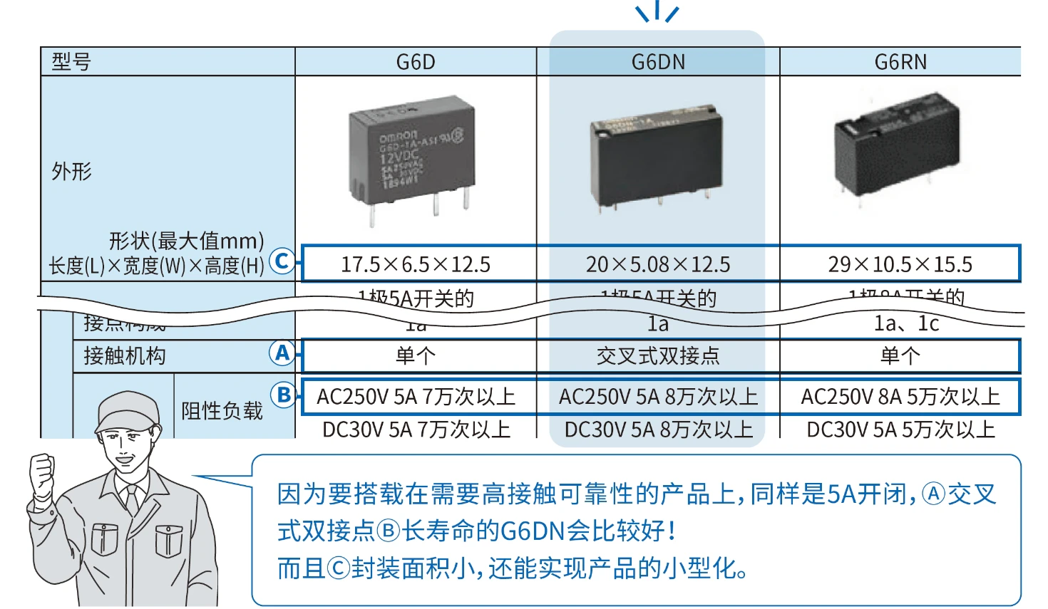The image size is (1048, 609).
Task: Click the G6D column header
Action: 416,62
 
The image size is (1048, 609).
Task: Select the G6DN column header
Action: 658,62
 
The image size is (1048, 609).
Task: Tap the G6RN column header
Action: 900,62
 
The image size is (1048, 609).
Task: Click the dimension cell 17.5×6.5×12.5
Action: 416,264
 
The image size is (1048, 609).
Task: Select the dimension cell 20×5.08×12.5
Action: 658,264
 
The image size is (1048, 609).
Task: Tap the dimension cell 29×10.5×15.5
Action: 900,264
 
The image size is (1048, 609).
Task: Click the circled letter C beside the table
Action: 282,261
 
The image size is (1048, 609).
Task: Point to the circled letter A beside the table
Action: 282,353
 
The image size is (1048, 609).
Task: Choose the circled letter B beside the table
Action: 283,395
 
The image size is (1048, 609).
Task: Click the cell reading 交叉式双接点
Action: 658,355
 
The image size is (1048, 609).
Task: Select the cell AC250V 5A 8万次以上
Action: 658,397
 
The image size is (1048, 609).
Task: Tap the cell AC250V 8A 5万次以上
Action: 900,397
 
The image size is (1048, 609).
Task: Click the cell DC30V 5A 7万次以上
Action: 416,430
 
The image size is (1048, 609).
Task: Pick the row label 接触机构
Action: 124,355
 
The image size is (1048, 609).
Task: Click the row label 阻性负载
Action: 222,411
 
